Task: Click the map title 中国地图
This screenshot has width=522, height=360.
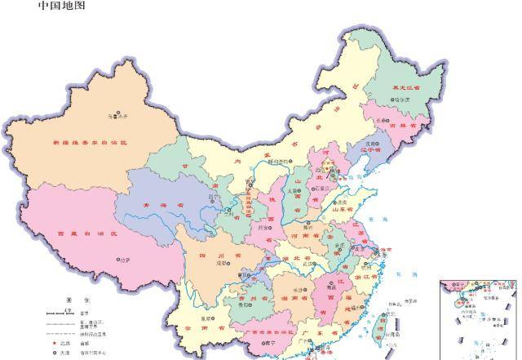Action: coord(61,7)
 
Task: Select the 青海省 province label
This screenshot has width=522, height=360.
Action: coord(161,206)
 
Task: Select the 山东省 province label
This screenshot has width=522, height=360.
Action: coord(347,210)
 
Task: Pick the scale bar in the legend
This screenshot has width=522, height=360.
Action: coord(57,313)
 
